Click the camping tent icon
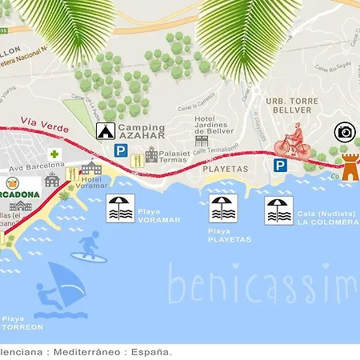[105, 130]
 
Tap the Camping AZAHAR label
[141, 132]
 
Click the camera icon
[345, 132]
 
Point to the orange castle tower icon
[350, 166]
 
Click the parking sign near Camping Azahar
[120, 150]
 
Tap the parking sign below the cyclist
[280, 165]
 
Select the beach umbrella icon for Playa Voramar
[121, 209]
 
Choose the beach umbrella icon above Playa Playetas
[223, 209]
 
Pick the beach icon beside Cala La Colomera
[280, 210]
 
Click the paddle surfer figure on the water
[90, 246]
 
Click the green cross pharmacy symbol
[54, 154]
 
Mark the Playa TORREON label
[22, 322]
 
